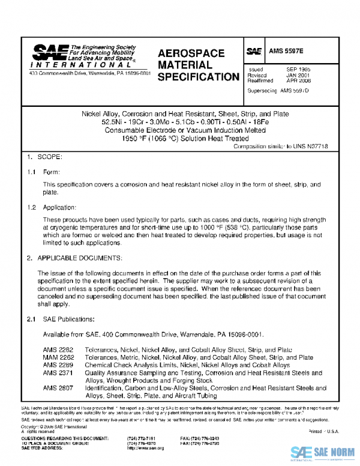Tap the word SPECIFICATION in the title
coord(198,77)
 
